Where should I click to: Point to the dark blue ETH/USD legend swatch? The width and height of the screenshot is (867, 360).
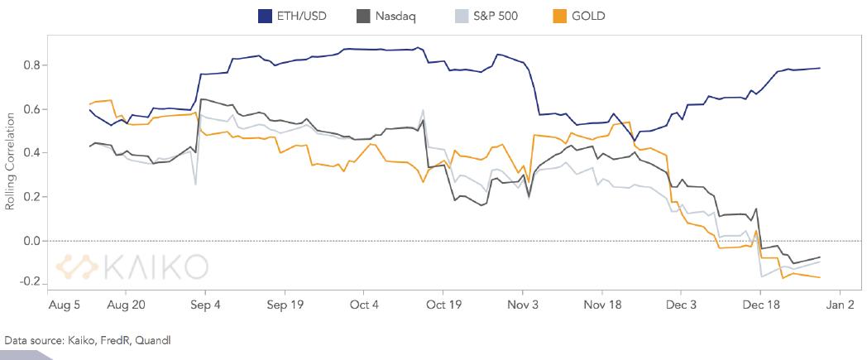click(x=266, y=15)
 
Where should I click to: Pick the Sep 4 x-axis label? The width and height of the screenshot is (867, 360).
click(x=206, y=305)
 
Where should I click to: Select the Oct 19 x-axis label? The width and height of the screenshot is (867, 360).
click(x=443, y=305)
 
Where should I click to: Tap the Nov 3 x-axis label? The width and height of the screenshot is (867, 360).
click(x=524, y=305)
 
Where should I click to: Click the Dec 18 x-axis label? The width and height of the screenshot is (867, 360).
click(x=761, y=305)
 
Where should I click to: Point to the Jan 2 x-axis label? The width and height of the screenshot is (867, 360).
click(x=840, y=305)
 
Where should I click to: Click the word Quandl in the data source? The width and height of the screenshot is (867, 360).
click(x=156, y=340)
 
